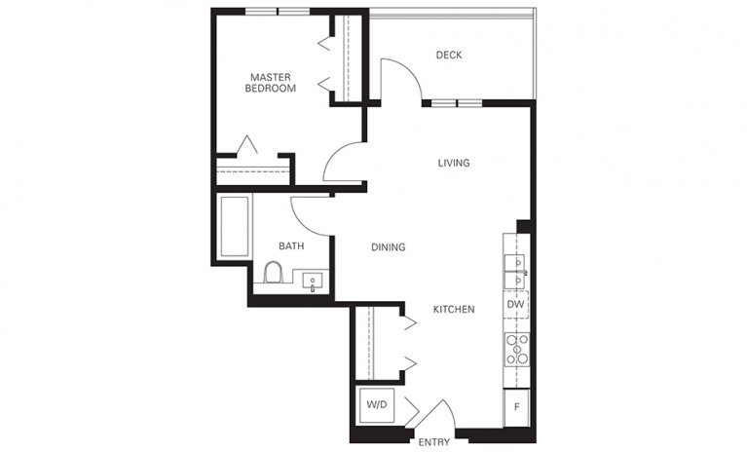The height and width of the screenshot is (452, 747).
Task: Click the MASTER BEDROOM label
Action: [x=272, y=82]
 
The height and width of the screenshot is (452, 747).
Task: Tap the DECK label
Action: [x=448, y=56]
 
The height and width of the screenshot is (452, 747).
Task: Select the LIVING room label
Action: [x=453, y=163]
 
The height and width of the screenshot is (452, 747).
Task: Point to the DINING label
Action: [x=388, y=247]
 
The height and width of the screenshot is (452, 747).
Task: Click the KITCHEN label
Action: [x=453, y=310]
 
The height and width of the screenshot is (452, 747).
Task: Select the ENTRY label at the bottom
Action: [x=433, y=442]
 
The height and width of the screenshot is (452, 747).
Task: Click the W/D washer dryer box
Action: [x=376, y=404]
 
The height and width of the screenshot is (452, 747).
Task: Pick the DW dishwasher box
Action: [x=516, y=305]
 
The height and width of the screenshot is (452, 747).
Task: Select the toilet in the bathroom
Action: [x=274, y=273]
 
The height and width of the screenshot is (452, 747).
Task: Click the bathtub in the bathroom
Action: [x=236, y=227]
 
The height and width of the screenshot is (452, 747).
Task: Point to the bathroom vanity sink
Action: [x=314, y=281]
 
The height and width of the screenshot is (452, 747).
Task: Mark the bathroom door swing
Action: [x=310, y=212]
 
